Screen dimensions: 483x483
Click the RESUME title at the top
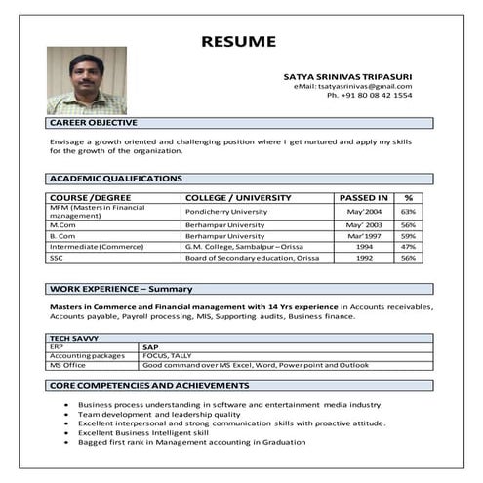238,41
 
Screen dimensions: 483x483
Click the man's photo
86,81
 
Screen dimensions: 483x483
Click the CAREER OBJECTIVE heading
94,123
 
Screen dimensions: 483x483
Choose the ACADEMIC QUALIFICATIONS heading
116,179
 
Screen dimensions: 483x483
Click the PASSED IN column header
363,198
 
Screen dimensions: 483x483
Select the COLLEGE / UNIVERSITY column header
238,198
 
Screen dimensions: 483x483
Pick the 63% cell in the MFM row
408,212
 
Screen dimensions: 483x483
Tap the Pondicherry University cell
225,212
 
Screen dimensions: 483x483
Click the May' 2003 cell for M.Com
363,224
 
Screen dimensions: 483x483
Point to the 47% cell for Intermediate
408,247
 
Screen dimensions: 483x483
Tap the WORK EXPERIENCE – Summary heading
121,289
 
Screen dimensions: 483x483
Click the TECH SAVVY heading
75,338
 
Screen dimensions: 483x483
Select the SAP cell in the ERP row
150,346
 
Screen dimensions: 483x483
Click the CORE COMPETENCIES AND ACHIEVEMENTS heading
149,385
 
